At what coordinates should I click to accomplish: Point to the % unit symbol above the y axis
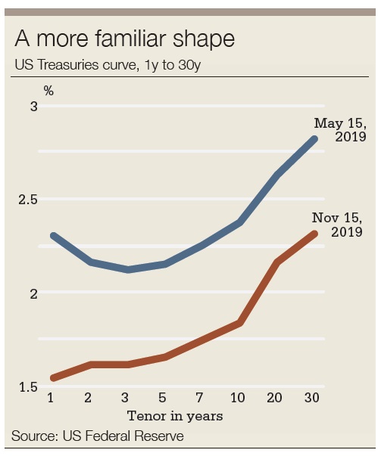pos(48,91)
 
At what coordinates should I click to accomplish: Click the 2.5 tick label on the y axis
pos(27,200)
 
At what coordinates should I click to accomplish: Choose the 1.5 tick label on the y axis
pos(27,387)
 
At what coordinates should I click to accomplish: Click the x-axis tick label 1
pos(51,398)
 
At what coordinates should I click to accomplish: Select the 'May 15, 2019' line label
pos(340,130)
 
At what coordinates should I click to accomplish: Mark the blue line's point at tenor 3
pos(127,269)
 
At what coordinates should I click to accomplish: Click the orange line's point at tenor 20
pos(277,262)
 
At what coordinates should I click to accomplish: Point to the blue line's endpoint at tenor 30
pos(314,139)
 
